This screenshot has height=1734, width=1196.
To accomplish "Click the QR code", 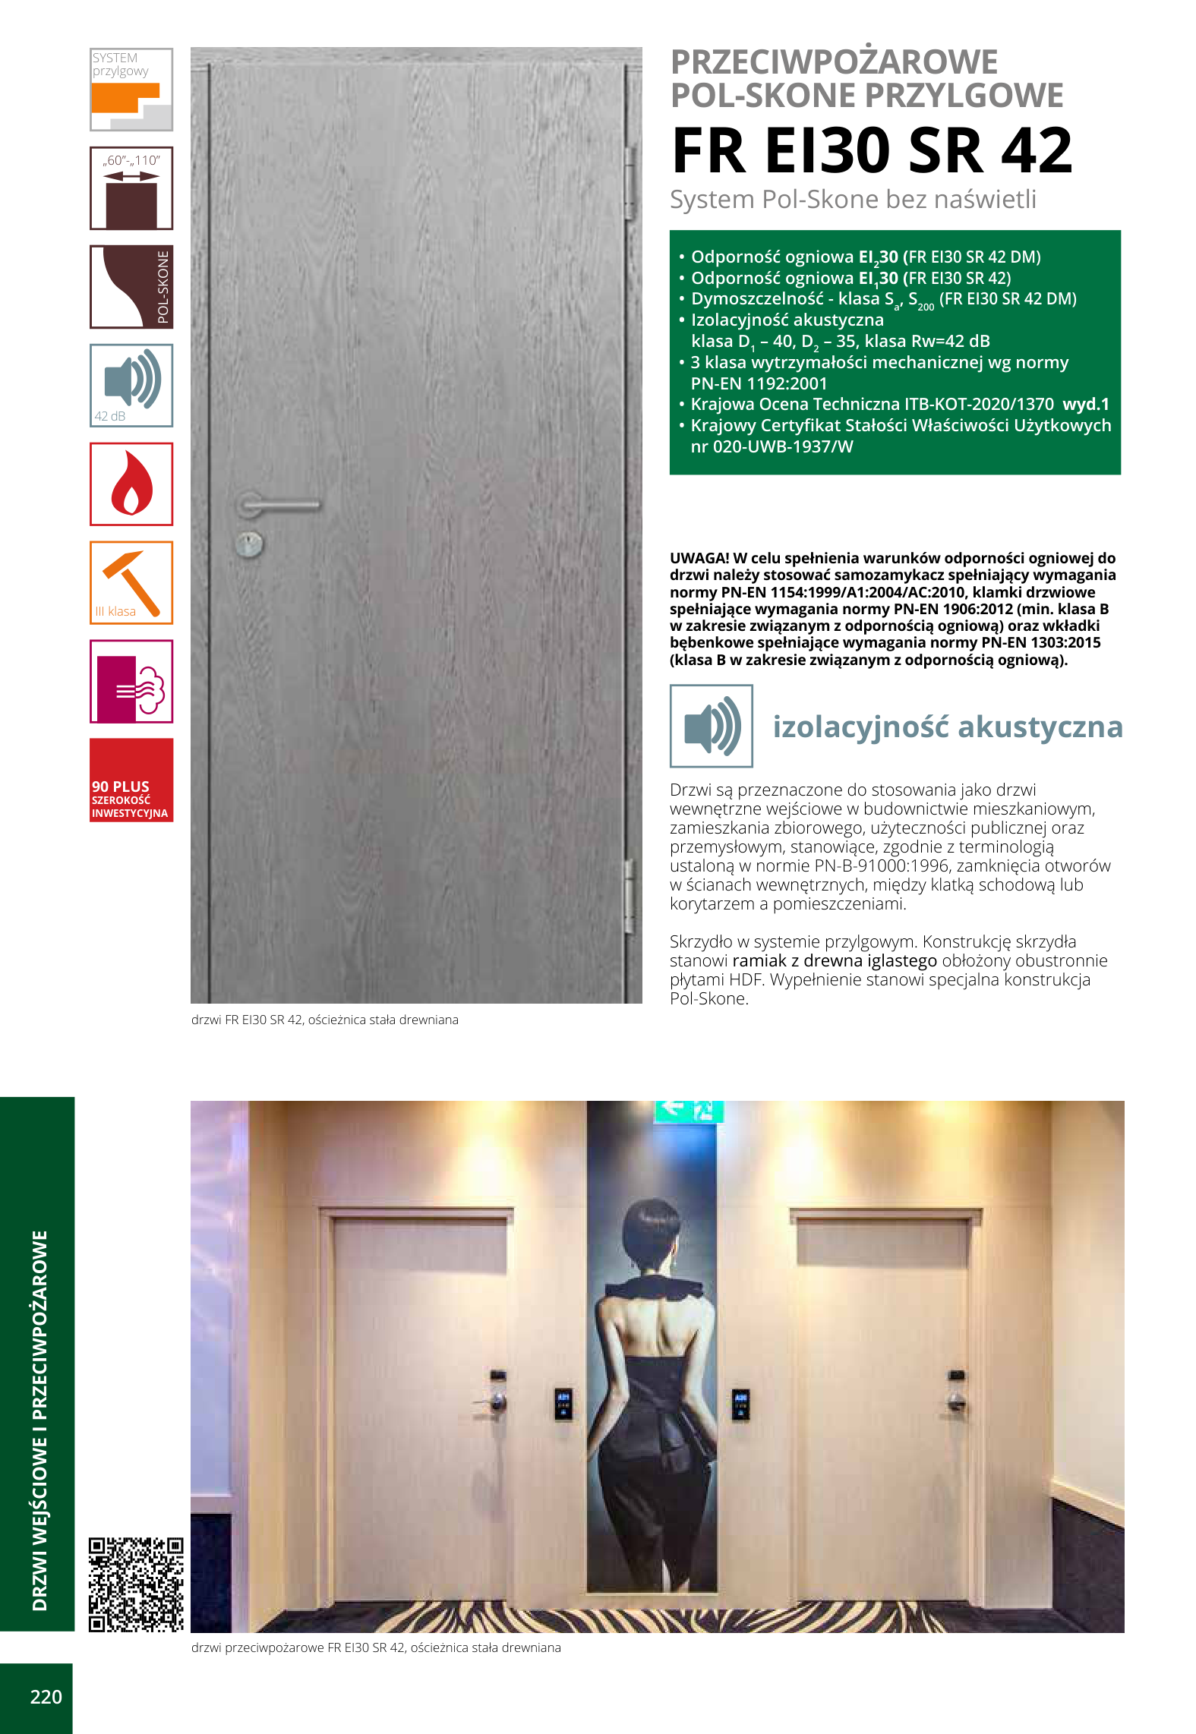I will tap(136, 1584).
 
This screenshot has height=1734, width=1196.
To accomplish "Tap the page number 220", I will tap(46, 1697).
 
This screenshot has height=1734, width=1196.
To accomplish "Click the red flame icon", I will tap(131, 484).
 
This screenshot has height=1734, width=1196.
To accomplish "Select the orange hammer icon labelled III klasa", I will tap(131, 582).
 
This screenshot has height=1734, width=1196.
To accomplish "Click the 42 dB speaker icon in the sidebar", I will tap(131, 385).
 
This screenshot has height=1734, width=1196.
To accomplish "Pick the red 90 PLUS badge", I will tap(131, 780).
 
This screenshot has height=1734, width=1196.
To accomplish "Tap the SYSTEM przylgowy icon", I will tap(131, 90).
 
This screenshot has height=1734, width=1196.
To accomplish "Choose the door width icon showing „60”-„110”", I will tap(131, 188).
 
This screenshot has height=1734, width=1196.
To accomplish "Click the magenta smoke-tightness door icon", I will tap(131, 681).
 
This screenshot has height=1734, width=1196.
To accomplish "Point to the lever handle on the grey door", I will tap(277, 503).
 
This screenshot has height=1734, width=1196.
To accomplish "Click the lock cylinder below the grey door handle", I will tap(249, 544).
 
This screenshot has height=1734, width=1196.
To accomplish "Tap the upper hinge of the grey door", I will tap(629, 182).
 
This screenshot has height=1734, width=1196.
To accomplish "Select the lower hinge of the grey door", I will tap(629, 896).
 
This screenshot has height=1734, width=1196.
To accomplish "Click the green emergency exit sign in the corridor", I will tap(688, 1110).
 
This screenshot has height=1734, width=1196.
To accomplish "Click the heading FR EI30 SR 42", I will tap(872, 150).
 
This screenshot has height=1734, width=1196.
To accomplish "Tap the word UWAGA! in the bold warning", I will tap(699, 558).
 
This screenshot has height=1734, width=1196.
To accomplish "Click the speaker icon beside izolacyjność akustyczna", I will tap(711, 726).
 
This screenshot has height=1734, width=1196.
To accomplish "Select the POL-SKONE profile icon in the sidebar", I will tap(131, 287).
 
